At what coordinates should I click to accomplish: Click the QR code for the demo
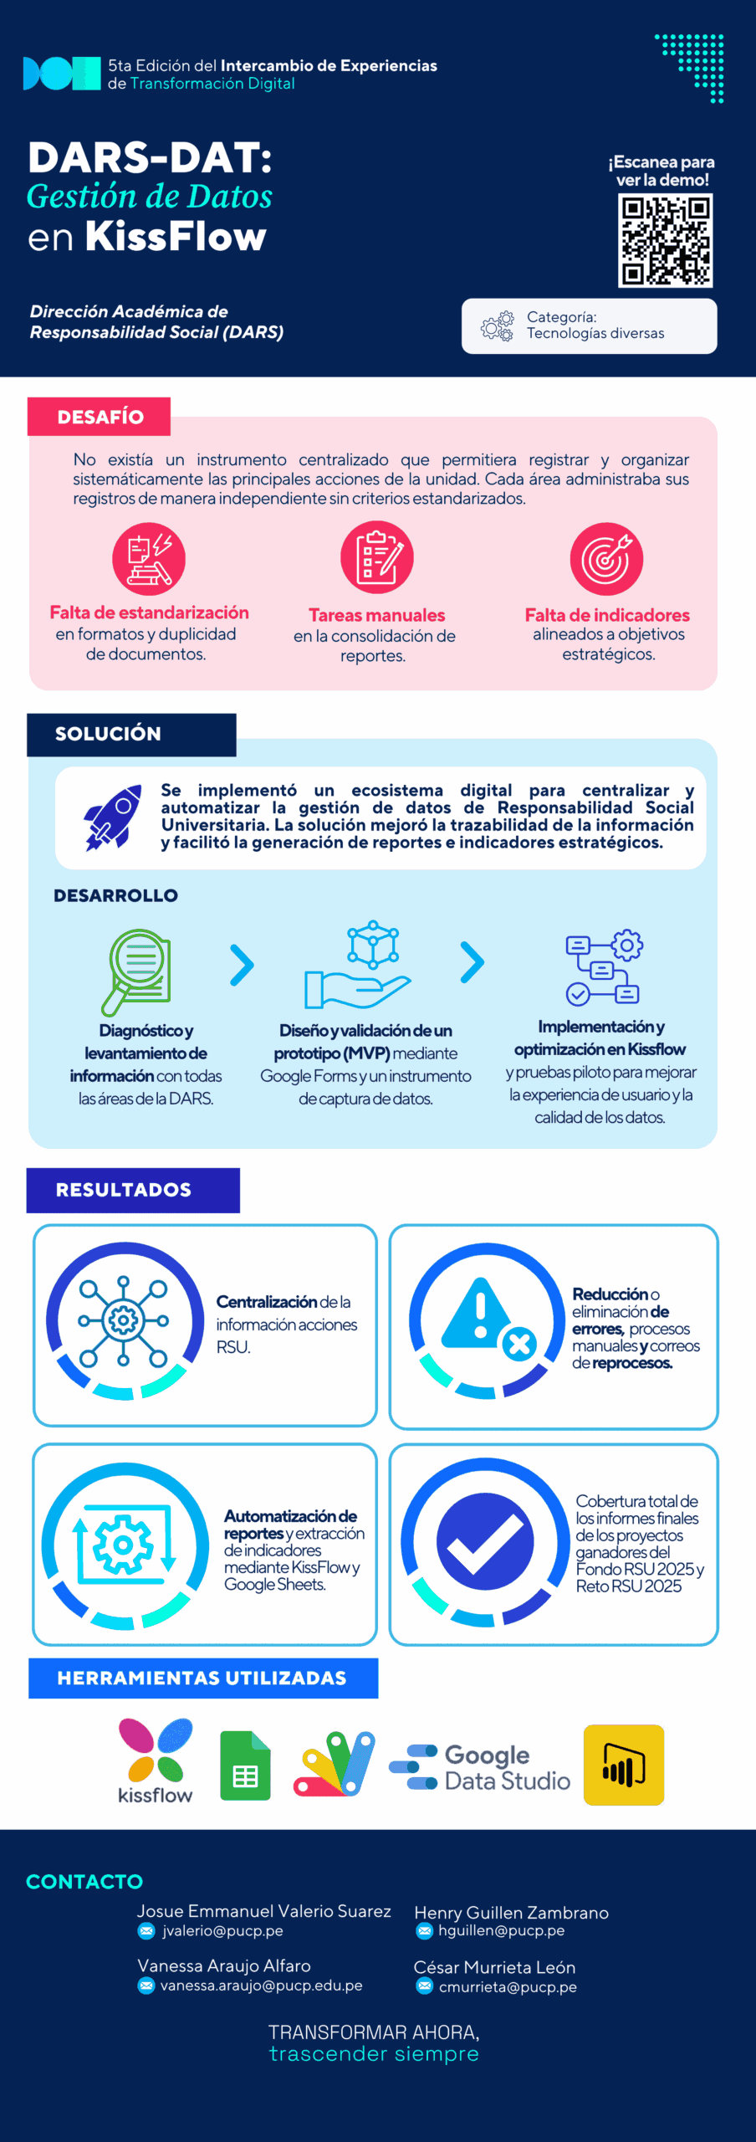665,241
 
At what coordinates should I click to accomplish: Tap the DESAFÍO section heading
100,417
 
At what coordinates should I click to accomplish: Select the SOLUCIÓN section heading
108,734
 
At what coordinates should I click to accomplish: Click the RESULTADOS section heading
124,1190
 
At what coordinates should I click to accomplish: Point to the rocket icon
113,817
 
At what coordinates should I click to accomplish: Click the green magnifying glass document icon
136,971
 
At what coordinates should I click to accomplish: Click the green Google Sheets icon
245,1765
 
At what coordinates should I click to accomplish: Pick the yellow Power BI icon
624,1765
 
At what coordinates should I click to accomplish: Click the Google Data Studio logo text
508,1767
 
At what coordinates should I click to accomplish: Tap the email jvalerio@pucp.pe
222,1931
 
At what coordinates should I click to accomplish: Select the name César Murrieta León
494,1967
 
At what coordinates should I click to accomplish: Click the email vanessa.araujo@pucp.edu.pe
262,1986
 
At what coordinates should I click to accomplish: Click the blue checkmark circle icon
485,1541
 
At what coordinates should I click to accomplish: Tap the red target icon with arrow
606,559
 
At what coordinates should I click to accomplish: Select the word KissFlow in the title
176,237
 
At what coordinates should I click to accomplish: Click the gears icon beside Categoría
498,326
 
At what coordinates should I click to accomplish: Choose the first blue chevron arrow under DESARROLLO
242,966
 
